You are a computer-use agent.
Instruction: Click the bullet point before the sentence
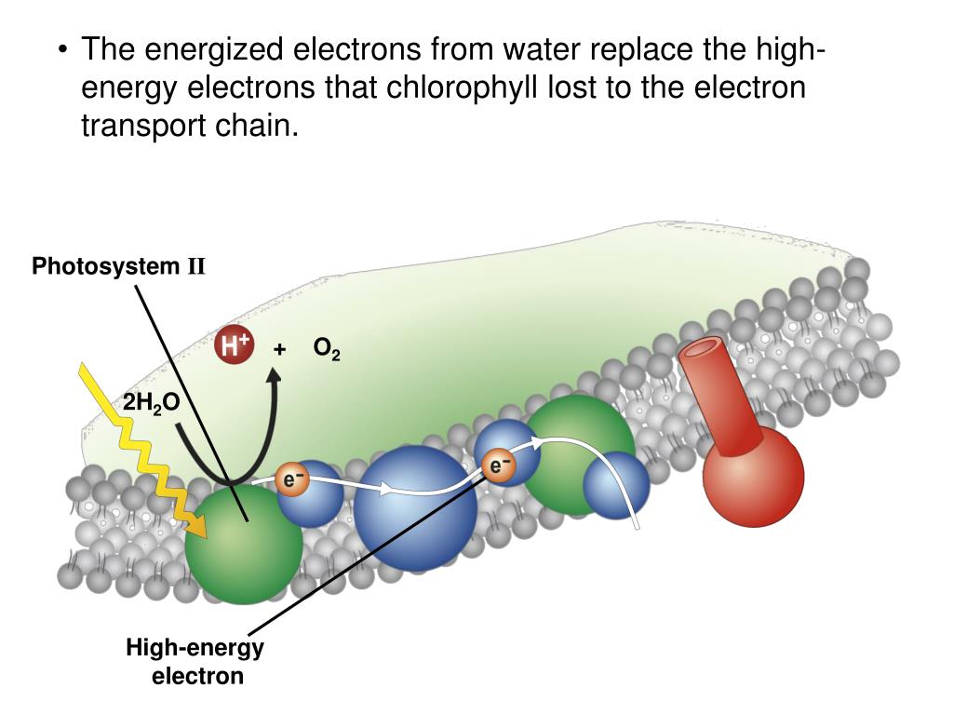(x=62, y=48)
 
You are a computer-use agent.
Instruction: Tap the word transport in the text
(x=141, y=126)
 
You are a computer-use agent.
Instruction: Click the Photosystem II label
(x=118, y=267)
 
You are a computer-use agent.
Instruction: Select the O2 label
(x=326, y=349)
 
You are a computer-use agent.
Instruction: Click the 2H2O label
(x=151, y=403)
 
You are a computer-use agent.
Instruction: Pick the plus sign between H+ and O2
(x=279, y=349)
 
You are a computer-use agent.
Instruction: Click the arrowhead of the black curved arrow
(x=275, y=374)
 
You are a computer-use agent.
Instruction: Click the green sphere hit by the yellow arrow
(x=244, y=544)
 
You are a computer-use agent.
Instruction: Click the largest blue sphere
(x=416, y=507)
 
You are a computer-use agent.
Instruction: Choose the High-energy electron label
(x=195, y=661)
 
